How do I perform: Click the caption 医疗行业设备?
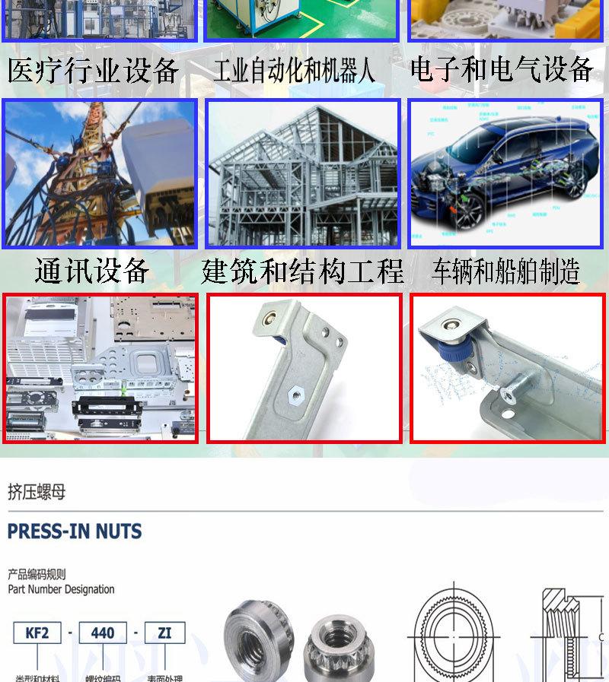(x=93, y=71)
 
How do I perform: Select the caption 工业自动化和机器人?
(x=294, y=71)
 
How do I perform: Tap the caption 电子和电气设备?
(x=502, y=70)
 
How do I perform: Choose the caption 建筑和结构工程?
(x=302, y=271)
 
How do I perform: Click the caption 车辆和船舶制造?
(x=505, y=271)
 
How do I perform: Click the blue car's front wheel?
(x=465, y=209)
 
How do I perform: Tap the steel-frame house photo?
(x=303, y=173)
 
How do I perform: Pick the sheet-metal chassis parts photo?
(x=100, y=368)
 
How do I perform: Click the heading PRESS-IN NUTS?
(x=75, y=531)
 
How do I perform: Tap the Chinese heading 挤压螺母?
(x=37, y=492)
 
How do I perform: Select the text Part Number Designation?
(x=61, y=589)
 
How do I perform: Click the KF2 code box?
(x=37, y=633)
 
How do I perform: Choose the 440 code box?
(x=103, y=633)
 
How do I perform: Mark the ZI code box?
(x=164, y=633)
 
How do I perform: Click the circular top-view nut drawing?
(x=454, y=633)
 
